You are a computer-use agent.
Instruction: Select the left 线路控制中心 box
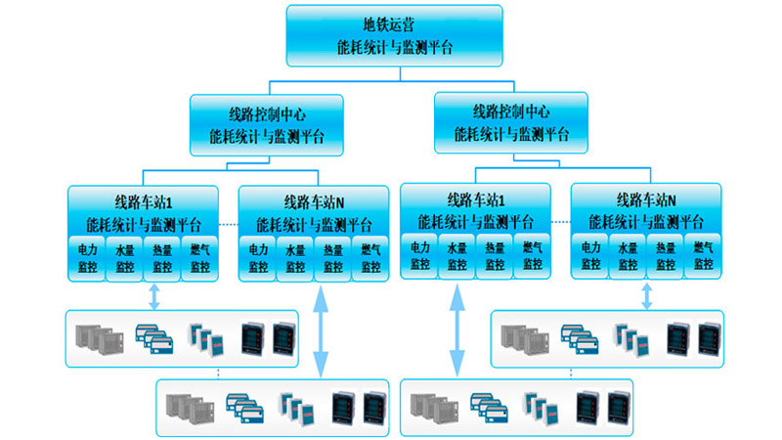[267, 124]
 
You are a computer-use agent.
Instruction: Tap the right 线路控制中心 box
[511, 122]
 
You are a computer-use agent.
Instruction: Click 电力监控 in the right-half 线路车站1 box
[420, 257]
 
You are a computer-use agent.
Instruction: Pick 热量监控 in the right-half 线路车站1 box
[496, 257]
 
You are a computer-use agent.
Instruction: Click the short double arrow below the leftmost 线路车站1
[153, 295]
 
